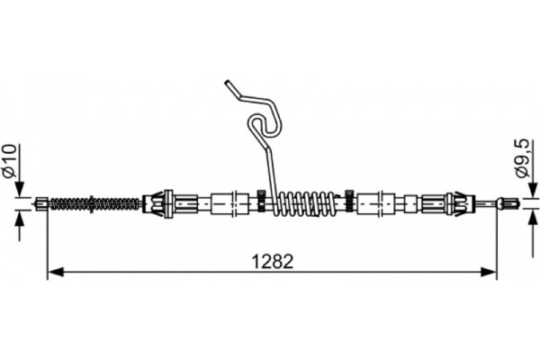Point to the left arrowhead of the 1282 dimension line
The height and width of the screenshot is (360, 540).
tap(53, 272)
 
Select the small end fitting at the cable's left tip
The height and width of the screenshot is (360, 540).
tap(42, 203)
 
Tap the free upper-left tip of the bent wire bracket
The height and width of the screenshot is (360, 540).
tap(226, 84)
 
